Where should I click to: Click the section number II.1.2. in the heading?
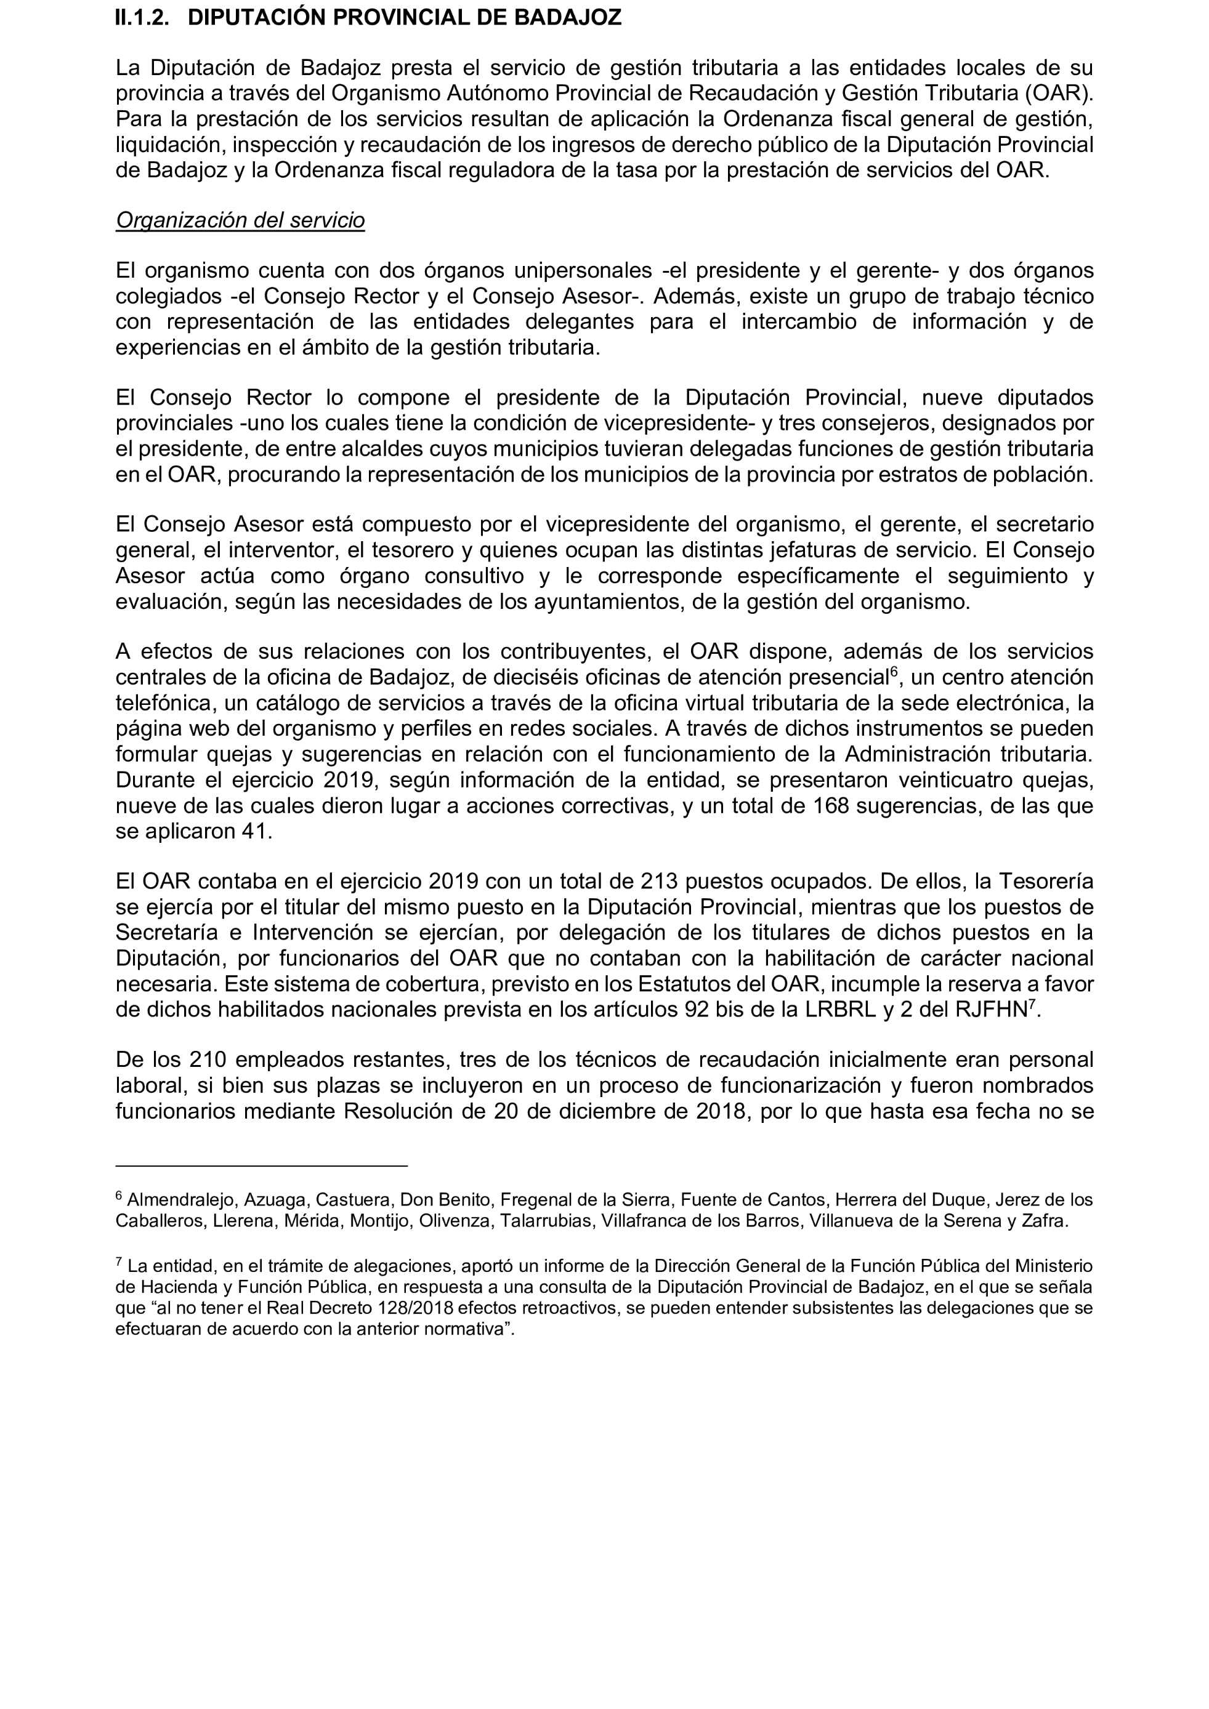tap(142, 18)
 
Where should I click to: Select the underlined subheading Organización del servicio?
tap(240, 220)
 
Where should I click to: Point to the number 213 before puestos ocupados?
tap(660, 882)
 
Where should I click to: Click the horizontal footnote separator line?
tap(261, 1165)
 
